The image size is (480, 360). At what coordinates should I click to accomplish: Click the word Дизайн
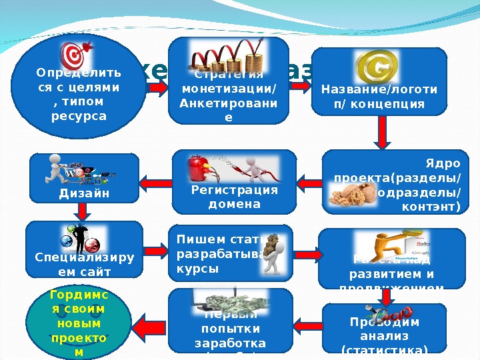(83, 193)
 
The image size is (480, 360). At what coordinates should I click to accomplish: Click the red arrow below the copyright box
(382, 131)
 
